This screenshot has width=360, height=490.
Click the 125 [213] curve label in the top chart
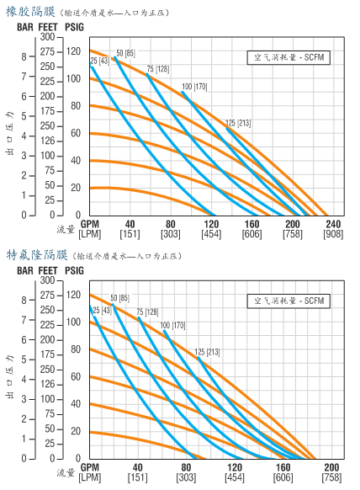238,123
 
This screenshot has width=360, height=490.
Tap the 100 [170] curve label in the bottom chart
172,325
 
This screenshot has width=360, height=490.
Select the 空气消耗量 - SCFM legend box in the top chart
289,57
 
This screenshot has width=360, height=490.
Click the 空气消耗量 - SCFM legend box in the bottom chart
289,301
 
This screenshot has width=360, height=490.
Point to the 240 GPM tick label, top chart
333,224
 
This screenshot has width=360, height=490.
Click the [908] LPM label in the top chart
333,234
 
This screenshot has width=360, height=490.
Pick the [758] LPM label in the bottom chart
331,477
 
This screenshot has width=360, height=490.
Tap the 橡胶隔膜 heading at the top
30,12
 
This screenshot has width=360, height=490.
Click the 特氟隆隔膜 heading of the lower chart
36,255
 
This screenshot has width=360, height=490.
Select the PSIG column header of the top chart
74,27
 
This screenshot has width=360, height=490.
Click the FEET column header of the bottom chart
48,270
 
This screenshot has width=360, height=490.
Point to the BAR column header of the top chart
25,27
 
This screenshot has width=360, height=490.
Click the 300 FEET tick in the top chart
47,37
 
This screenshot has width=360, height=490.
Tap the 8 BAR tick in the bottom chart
24,301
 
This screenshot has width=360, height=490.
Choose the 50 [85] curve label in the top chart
126,53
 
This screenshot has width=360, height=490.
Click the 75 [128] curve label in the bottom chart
147,312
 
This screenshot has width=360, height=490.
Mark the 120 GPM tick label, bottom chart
235,467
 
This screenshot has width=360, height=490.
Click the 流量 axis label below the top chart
66,229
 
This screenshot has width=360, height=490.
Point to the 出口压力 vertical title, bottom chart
10,376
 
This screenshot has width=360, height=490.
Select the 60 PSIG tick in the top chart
76,133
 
